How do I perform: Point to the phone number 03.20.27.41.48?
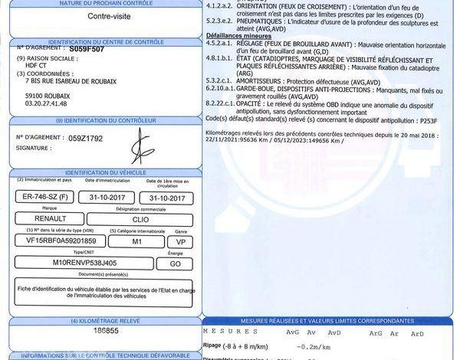pyautogui.click(x=47, y=102)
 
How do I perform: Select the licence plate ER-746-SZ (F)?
pyautogui.click(x=46, y=197)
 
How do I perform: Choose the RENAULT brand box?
pyautogui.click(x=46, y=218)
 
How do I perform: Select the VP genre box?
pyautogui.click(x=181, y=240)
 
